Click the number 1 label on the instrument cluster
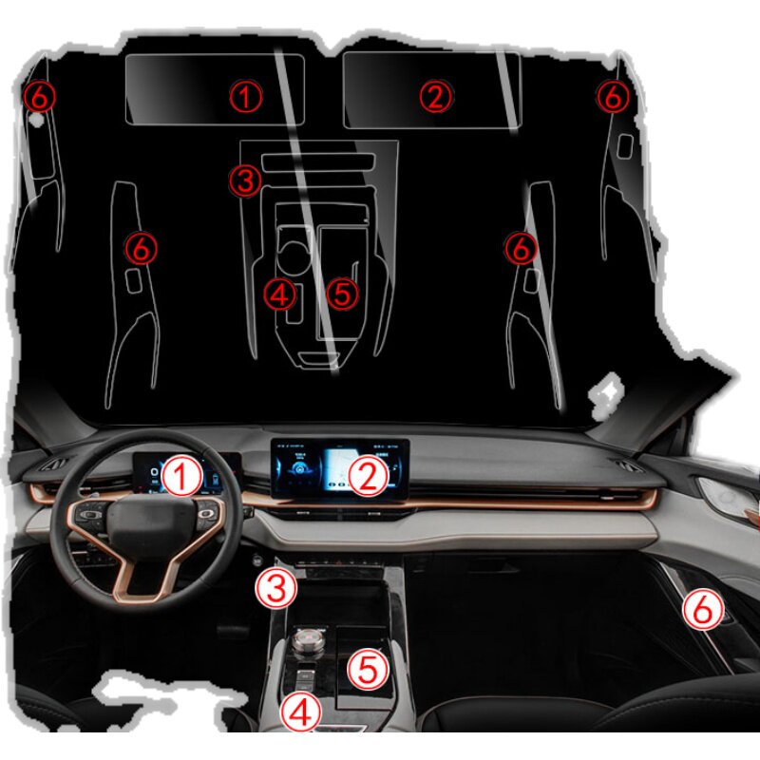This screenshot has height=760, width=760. click(x=181, y=475)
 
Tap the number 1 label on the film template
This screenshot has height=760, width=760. click(x=246, y=95)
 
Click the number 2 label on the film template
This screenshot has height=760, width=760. click(x=436, y=95)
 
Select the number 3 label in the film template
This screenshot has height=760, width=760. click(x=246, y=179)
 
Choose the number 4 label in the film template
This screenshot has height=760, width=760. click(x=280, y=294)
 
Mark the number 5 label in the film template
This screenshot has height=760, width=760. click(x=343, y=294)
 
